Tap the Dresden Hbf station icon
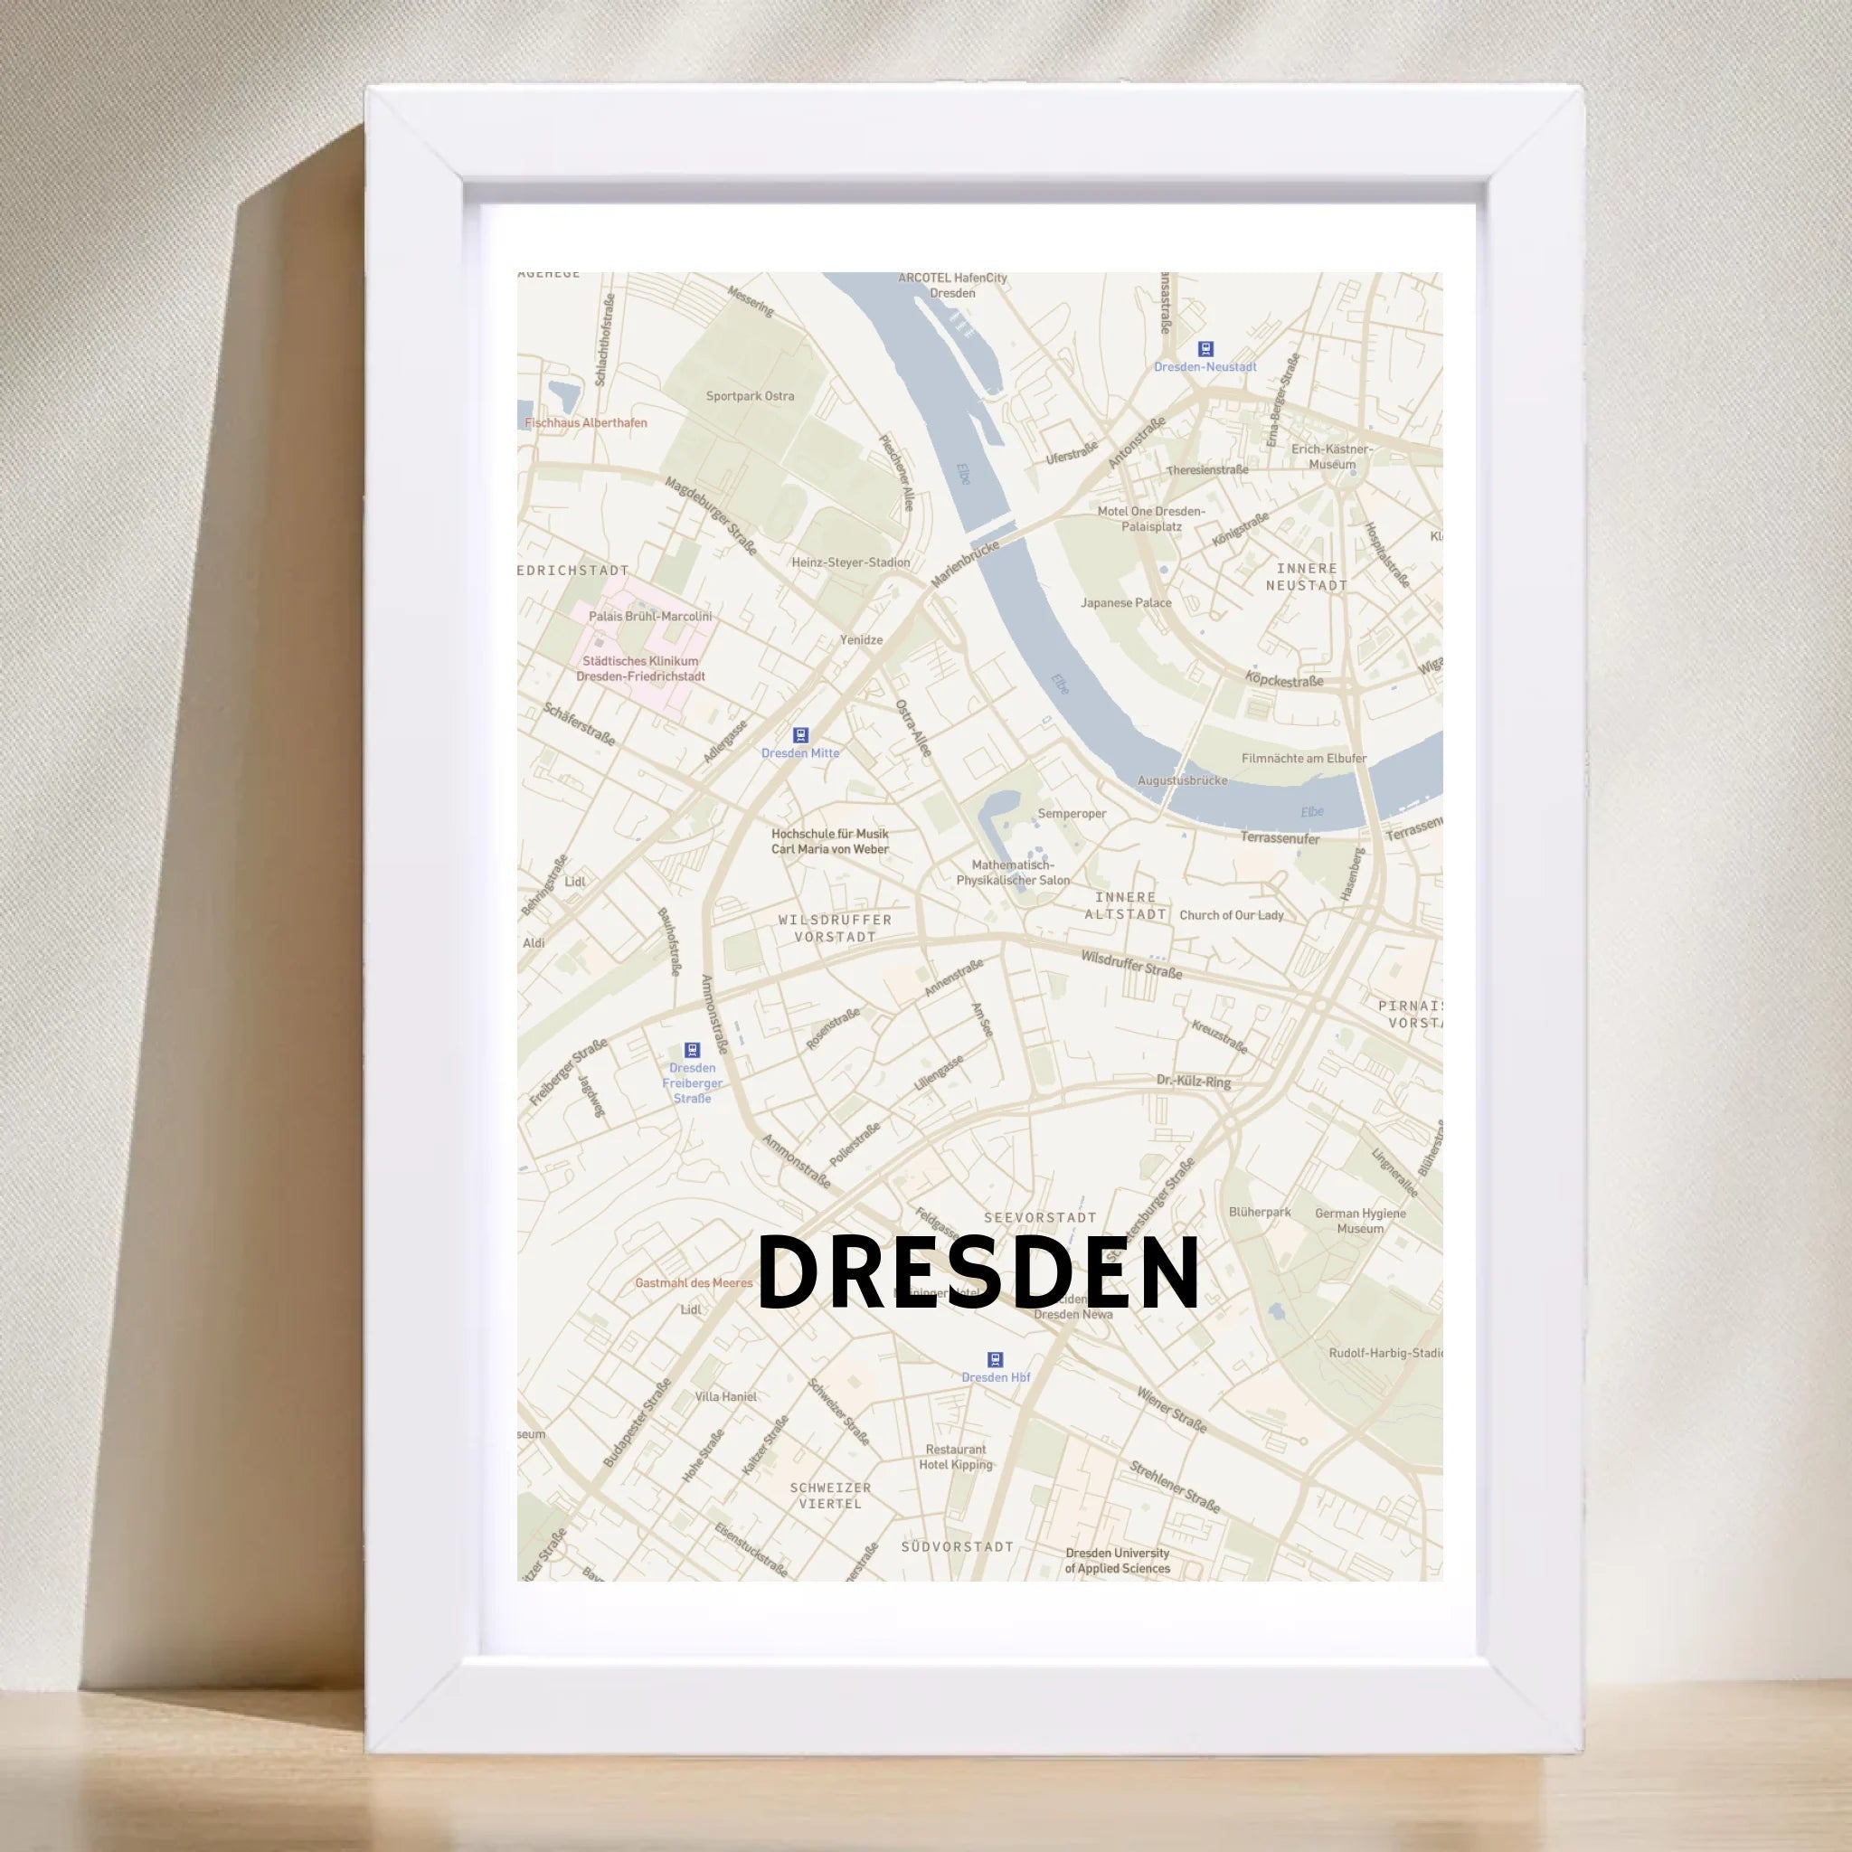coord(995,1359)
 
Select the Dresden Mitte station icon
coord(800,735)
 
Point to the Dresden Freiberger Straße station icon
coord(691,1051)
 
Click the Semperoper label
coord(1072,814)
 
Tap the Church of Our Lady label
coord(1231,914)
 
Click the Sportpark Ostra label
coord(750,396)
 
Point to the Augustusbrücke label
coord(1182,780)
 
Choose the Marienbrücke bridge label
coord(964,562)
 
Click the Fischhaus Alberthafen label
coord(586,422)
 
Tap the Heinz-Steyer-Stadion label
coord(850,562)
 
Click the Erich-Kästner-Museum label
coord(1331,457)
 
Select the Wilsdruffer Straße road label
coord(1131,964)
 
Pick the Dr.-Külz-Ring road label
coord(1193,1082)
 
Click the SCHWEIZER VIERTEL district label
coord(830,1496)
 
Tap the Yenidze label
coord(861,639)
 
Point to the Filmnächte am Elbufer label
coord(1304,758)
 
